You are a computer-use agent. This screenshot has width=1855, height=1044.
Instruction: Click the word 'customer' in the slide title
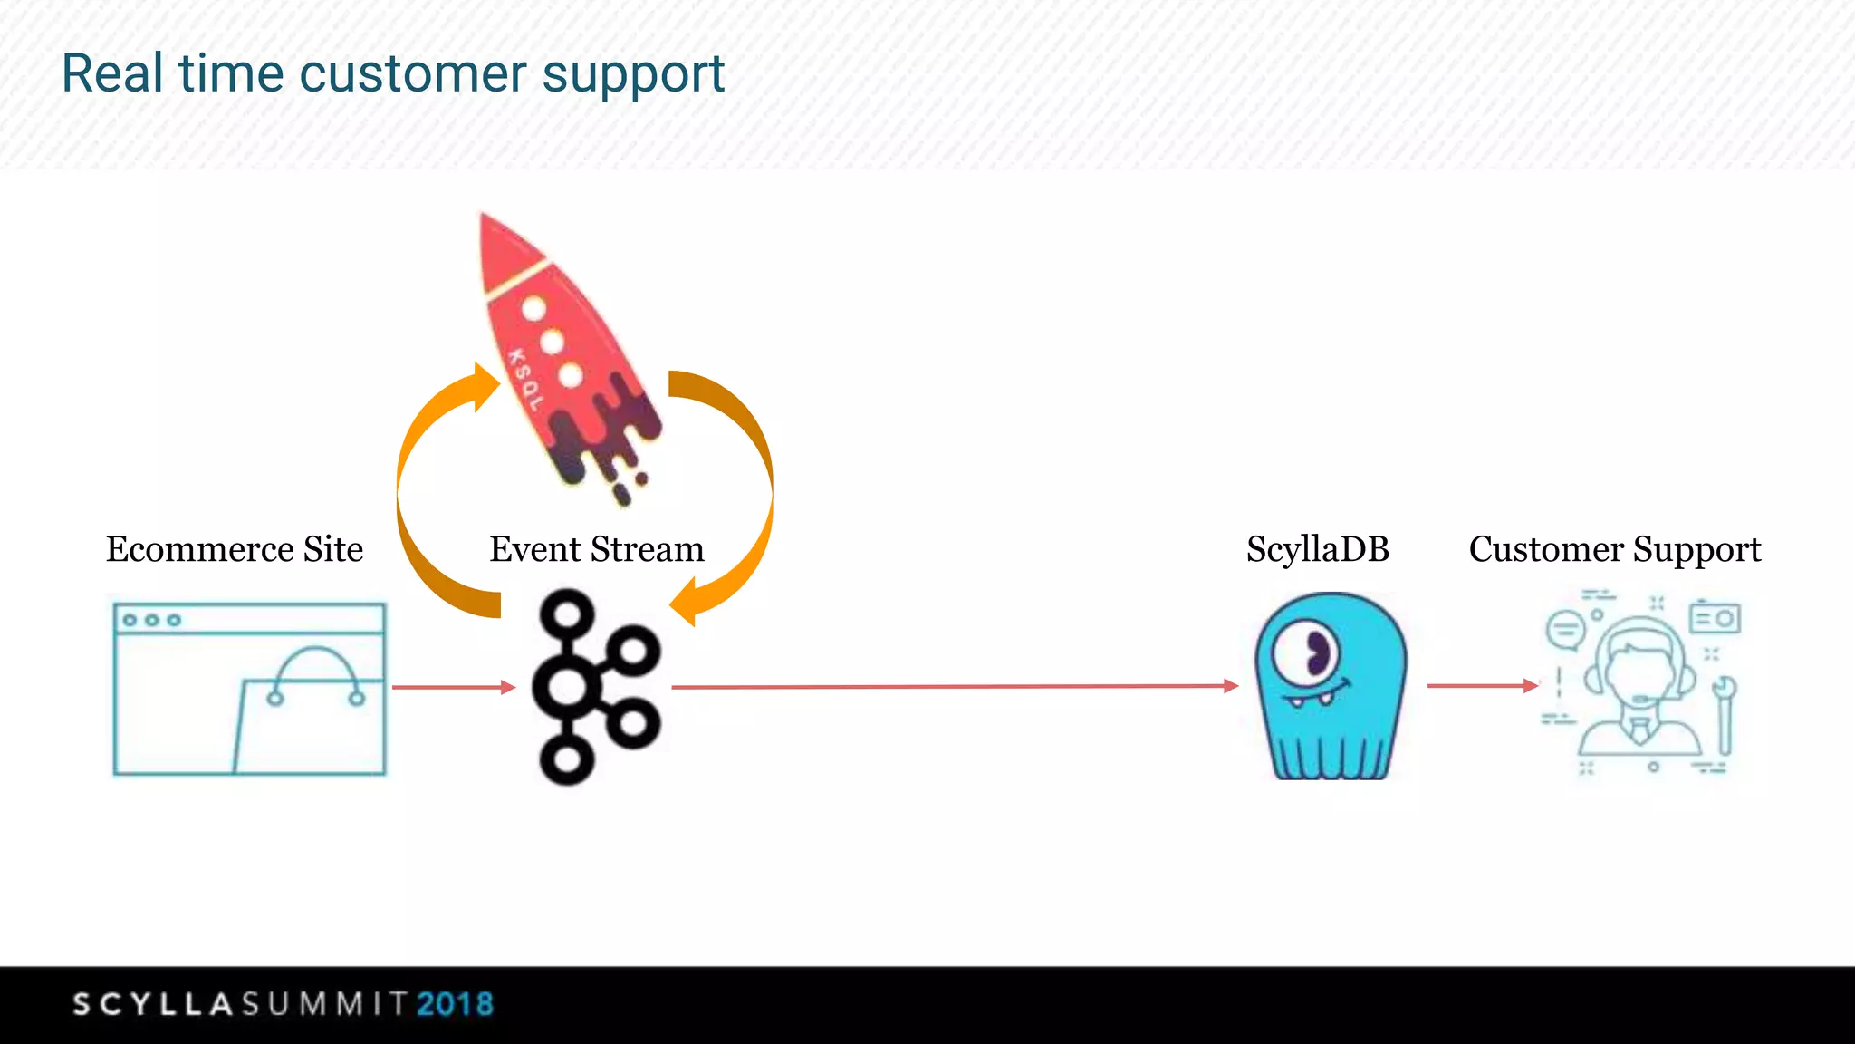point(412,74)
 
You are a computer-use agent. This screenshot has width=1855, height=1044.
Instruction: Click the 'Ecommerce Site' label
point(234,549)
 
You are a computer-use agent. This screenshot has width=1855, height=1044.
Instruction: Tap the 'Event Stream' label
point(596,549)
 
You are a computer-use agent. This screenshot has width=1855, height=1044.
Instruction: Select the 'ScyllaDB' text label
point(1317,549)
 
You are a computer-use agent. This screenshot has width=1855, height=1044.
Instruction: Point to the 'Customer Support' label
point(1614,549)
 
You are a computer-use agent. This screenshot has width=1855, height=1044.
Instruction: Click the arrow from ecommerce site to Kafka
point(453,687)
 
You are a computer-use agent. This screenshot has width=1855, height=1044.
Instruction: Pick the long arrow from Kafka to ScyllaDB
point(951,686)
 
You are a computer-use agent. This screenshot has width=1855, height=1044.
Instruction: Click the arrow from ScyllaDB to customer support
point(1482,685)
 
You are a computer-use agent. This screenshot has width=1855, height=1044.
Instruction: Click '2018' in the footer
point(455,1004)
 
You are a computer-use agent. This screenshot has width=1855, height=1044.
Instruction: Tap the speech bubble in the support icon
point(1565,628)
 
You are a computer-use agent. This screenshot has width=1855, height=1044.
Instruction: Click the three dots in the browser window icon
point(151,620)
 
